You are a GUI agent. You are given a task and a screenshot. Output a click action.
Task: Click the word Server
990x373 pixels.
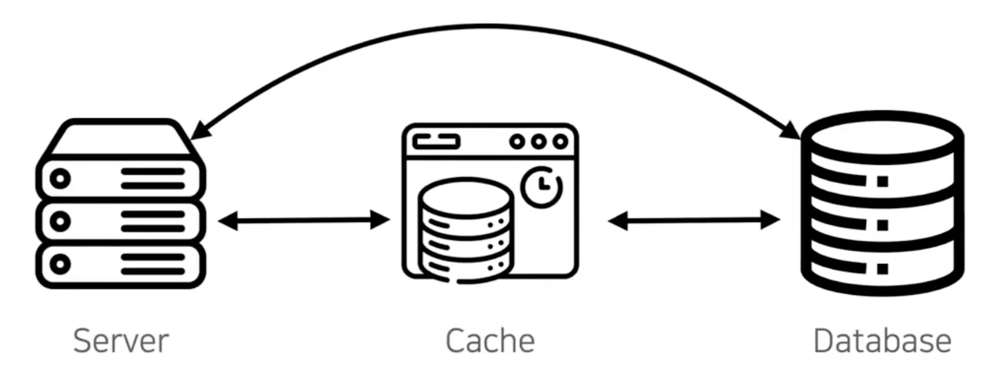tap(121, 341)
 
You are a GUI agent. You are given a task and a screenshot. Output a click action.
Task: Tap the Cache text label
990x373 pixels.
tap(490, 341)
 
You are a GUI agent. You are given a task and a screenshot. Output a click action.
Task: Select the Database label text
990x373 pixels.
tap(882, 341)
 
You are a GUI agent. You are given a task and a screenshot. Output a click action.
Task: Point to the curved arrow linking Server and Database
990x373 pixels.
tap(489, 26)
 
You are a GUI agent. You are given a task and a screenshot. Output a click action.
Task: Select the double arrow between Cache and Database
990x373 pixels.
tap(694, 221)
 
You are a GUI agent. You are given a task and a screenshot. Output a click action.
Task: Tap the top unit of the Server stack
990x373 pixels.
tap(121, 178)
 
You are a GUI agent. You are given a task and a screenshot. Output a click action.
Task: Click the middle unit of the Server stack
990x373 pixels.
tap(121, 221)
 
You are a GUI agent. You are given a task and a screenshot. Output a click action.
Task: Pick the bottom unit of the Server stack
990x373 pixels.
tap(121, 265)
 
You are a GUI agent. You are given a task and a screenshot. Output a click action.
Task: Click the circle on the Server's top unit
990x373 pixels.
tap(60, 178)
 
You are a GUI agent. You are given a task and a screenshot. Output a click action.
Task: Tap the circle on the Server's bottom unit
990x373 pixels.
tap(60, 265)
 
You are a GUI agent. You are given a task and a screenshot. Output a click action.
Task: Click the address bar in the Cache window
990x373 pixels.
tap(436, 142)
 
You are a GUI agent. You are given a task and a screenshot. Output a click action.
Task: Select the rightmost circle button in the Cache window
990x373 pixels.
tap(560, 142)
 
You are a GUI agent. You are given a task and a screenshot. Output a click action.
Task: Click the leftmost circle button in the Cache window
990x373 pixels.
tap(517, 142)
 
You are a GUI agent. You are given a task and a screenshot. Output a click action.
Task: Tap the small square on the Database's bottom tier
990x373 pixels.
tap(883, 269)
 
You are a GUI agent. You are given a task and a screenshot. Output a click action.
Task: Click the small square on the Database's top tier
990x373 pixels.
tap(883, 181)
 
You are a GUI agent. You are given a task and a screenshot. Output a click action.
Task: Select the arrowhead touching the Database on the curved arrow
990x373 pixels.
tap(792, 131)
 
